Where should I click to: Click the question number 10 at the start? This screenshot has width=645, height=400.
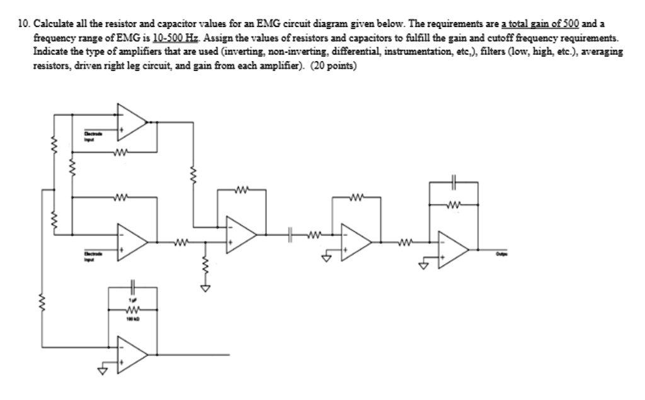coord(24,24)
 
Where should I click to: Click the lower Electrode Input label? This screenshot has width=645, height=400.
coord(93,253)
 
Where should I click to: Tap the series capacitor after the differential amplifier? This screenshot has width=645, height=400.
coord(291,237)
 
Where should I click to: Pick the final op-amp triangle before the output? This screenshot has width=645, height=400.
coord(454,250)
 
